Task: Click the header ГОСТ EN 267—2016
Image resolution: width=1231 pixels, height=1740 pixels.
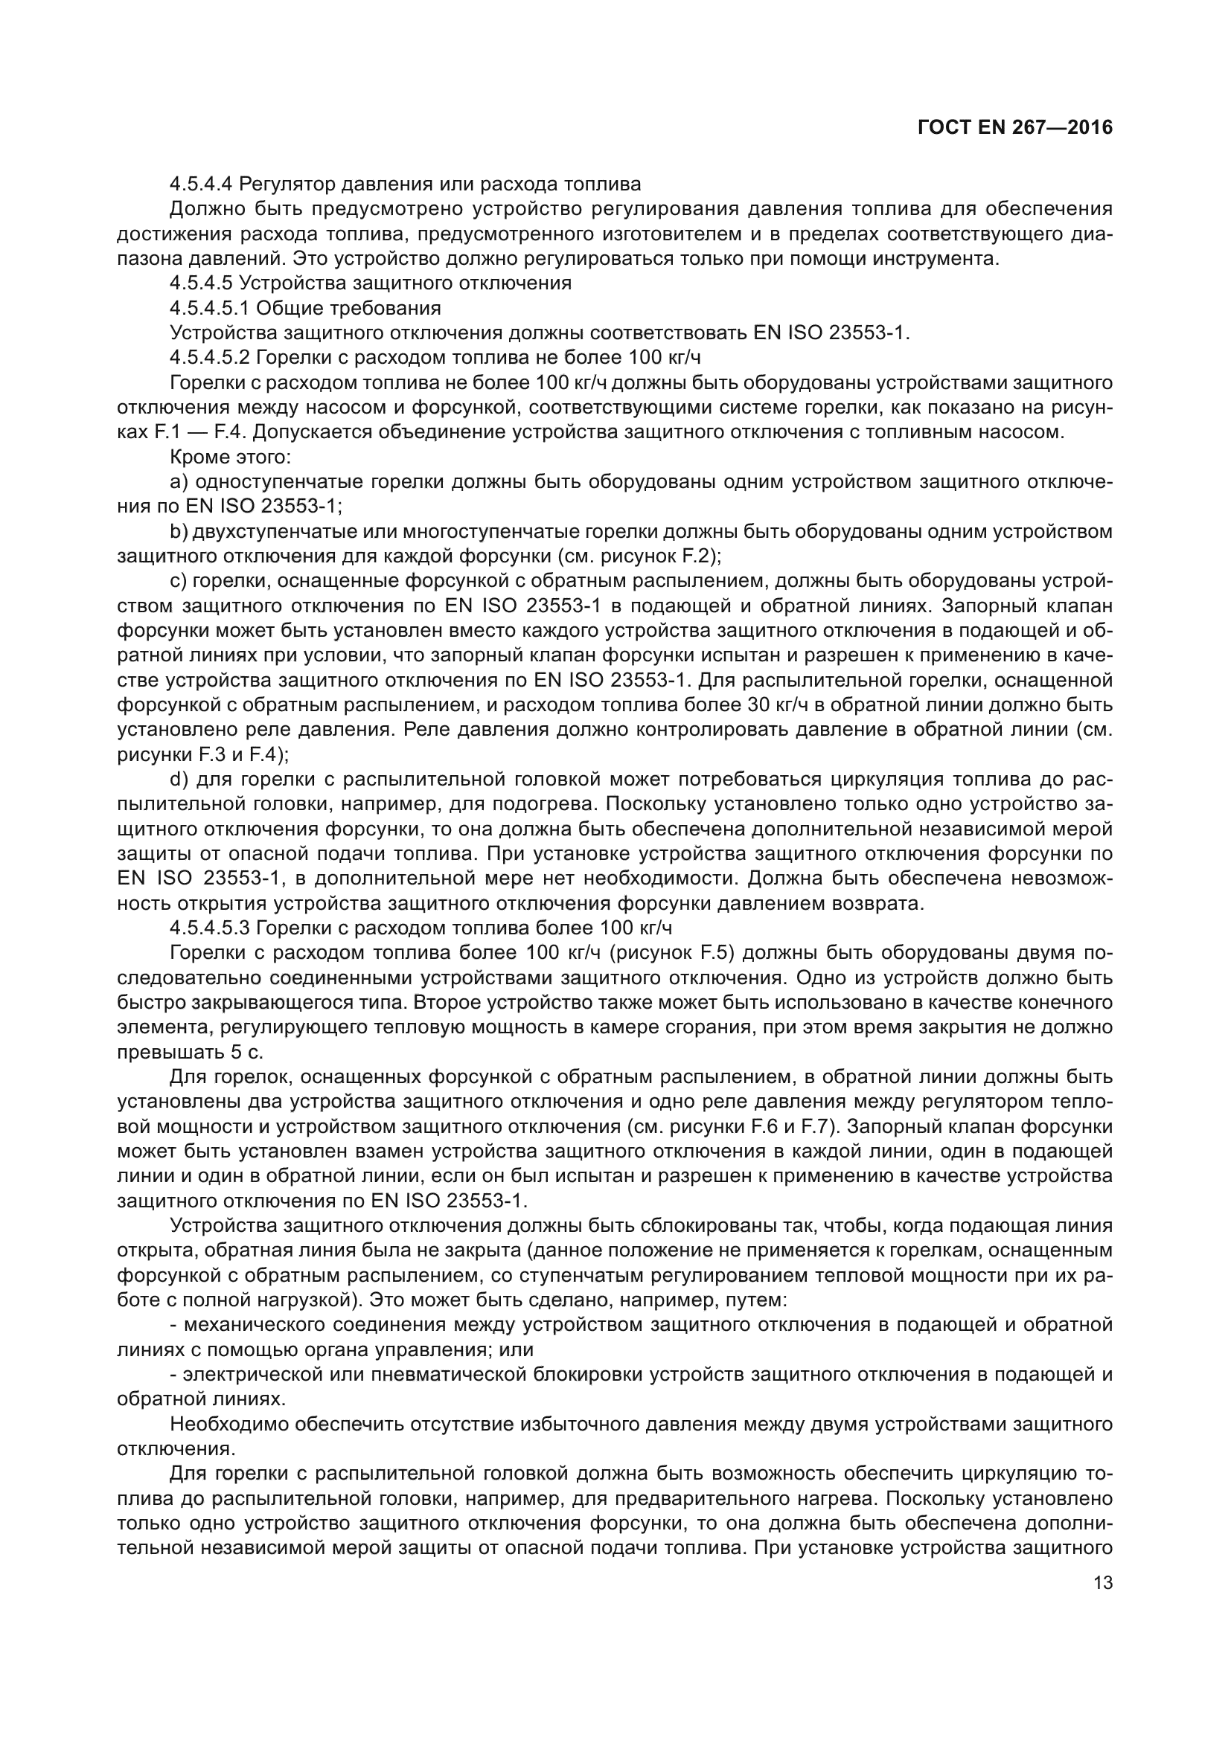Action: pyautogui.click(x=1015, y=127)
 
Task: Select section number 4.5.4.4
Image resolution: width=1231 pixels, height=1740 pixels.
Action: pyautogui.click(x=202, y=184)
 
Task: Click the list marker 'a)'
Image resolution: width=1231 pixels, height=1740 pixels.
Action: pyautogui.click(x=179, y=482)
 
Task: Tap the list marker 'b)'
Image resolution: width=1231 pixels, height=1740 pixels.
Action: pyautogui.click(x=179, y=532)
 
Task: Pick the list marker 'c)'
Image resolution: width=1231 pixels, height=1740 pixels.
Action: pyautogui.click(x=179, y=581)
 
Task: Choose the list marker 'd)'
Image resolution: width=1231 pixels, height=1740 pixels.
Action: pyautogui.click(x=179, y=780)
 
